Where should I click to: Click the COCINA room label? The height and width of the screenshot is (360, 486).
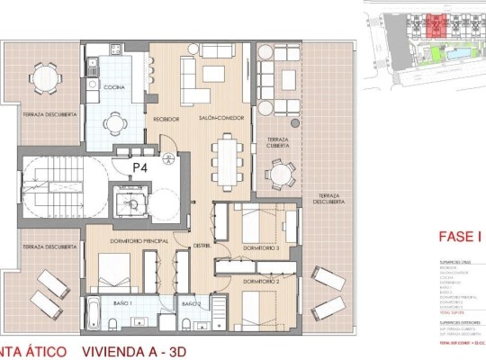[x=113, y=87]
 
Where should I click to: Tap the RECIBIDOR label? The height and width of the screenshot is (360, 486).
[x=166, y=118]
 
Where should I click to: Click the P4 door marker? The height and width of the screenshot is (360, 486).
[x=140, y=166]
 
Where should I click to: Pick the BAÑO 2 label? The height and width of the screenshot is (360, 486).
[x=190, y=304]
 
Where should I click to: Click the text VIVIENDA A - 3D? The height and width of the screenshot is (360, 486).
[x=142, y=349]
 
